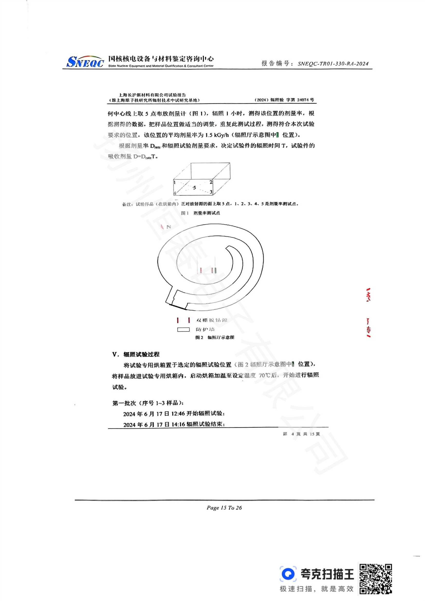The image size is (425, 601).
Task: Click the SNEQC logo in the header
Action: click(x=85, y=62)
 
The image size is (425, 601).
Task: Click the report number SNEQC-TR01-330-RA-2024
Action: click(x=333, y=64)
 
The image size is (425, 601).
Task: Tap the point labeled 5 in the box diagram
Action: click(x=194, y=187)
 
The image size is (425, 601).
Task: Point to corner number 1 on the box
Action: click(x=174, y=182)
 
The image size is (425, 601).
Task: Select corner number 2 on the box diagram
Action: click(x=211, y=182)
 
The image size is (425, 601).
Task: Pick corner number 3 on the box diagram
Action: click(x=211, y=192)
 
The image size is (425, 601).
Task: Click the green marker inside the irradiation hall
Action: click(x=215, y=270)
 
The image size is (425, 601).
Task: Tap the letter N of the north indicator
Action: click(x=169, y=227)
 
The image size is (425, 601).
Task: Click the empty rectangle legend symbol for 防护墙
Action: click(x=183, y=330)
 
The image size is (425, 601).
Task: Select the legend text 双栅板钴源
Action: click(x=212, y=320)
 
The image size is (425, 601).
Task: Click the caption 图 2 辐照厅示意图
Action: click(x=215, y=337)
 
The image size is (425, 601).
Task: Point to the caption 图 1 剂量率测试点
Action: click(x=200, y=213)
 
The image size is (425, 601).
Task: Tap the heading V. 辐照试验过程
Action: click(x=136, y=354)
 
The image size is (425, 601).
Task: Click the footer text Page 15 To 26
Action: click(x=224, y=508)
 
